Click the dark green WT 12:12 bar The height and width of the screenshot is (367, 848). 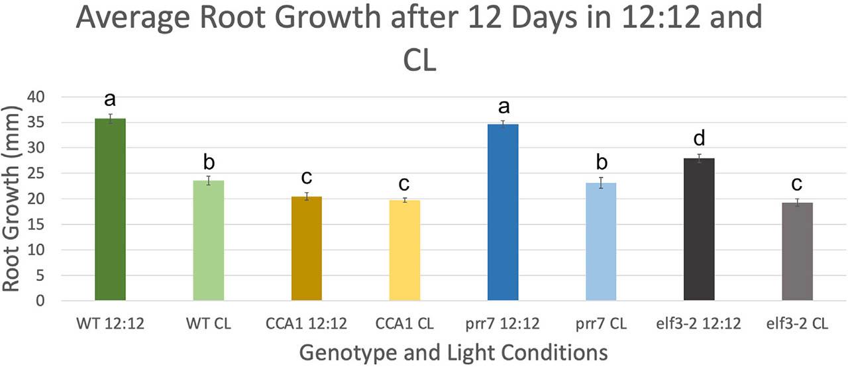coord(110,210)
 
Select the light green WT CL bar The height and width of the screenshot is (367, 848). coord(208,241)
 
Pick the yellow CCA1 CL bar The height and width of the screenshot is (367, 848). coord(405,251)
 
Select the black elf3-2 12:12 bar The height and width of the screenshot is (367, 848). coord(699,230)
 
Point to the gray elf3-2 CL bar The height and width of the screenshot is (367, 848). coord(797,252)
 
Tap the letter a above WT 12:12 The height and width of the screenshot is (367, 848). coord(110,99)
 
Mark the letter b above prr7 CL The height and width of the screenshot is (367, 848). coord(601,163)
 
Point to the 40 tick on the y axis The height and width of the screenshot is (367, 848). coord(38,97)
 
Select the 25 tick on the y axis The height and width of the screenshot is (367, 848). coord(38,174)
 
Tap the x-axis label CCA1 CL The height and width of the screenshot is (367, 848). coord(405,324)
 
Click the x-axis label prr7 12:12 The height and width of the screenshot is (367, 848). coord(503,324)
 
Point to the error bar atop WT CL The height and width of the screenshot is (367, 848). coord(208,180)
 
